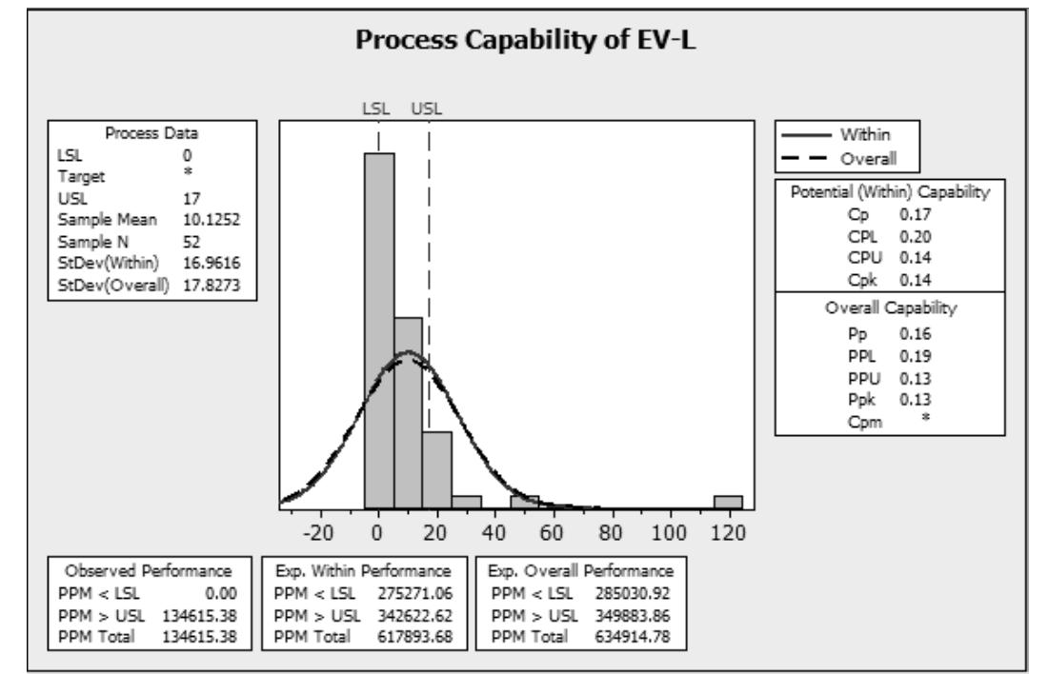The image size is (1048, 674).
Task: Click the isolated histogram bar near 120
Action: pyautogui.click(x=728, y=503)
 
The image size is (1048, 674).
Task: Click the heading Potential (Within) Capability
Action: pyautogui.click(x=890, y=192)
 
